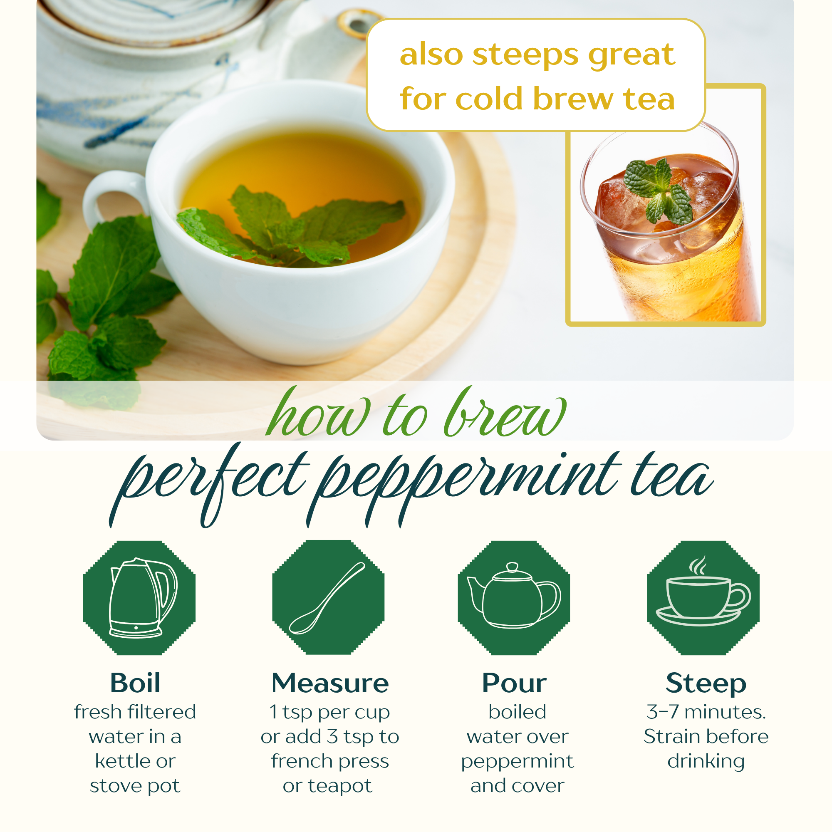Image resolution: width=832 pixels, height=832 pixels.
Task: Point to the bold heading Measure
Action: click(330, 683)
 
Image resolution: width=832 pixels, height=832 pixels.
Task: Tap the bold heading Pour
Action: click(514, 683)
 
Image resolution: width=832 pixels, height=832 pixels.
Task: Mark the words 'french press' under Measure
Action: click(330, 762)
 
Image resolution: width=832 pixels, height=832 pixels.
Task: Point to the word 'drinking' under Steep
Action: click(706, 762)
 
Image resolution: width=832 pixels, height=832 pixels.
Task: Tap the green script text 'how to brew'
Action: click(416, 412)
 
